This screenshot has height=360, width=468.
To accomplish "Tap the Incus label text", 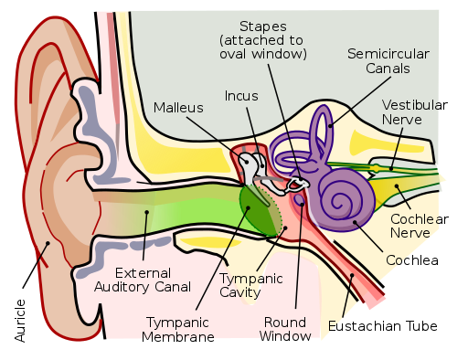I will point(241,95).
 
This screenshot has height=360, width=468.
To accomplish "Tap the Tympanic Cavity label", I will point(251,286).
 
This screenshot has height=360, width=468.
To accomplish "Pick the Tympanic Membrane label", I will point(178,330).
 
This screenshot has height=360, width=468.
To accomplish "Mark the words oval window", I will point(263,54).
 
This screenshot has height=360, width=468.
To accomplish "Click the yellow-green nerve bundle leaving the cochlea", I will point(402,170).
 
